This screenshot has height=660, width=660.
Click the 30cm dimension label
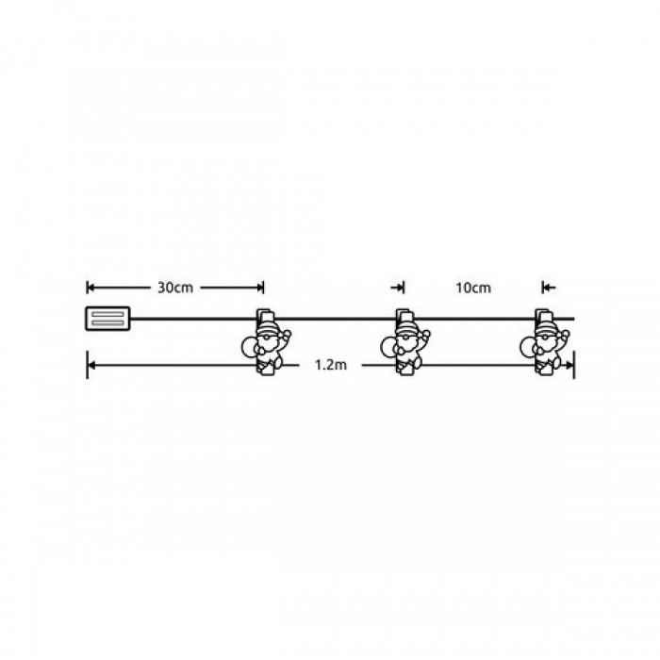(x=175, y=288)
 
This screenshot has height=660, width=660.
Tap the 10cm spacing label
(x=473, y=288)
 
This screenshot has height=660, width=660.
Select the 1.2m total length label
(x=331, y=365)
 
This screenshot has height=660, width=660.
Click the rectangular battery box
(x=107, y=319)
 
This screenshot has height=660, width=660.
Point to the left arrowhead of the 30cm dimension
(x=91, y=288)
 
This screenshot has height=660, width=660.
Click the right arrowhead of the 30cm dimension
(x=259, y=288)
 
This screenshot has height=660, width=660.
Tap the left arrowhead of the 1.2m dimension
(x=91, y=365)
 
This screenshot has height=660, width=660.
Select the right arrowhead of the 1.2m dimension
(x=569, y=365)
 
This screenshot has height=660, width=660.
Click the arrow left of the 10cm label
(x=397, y=288)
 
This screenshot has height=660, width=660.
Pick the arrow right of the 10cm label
(x=549, y=288)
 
